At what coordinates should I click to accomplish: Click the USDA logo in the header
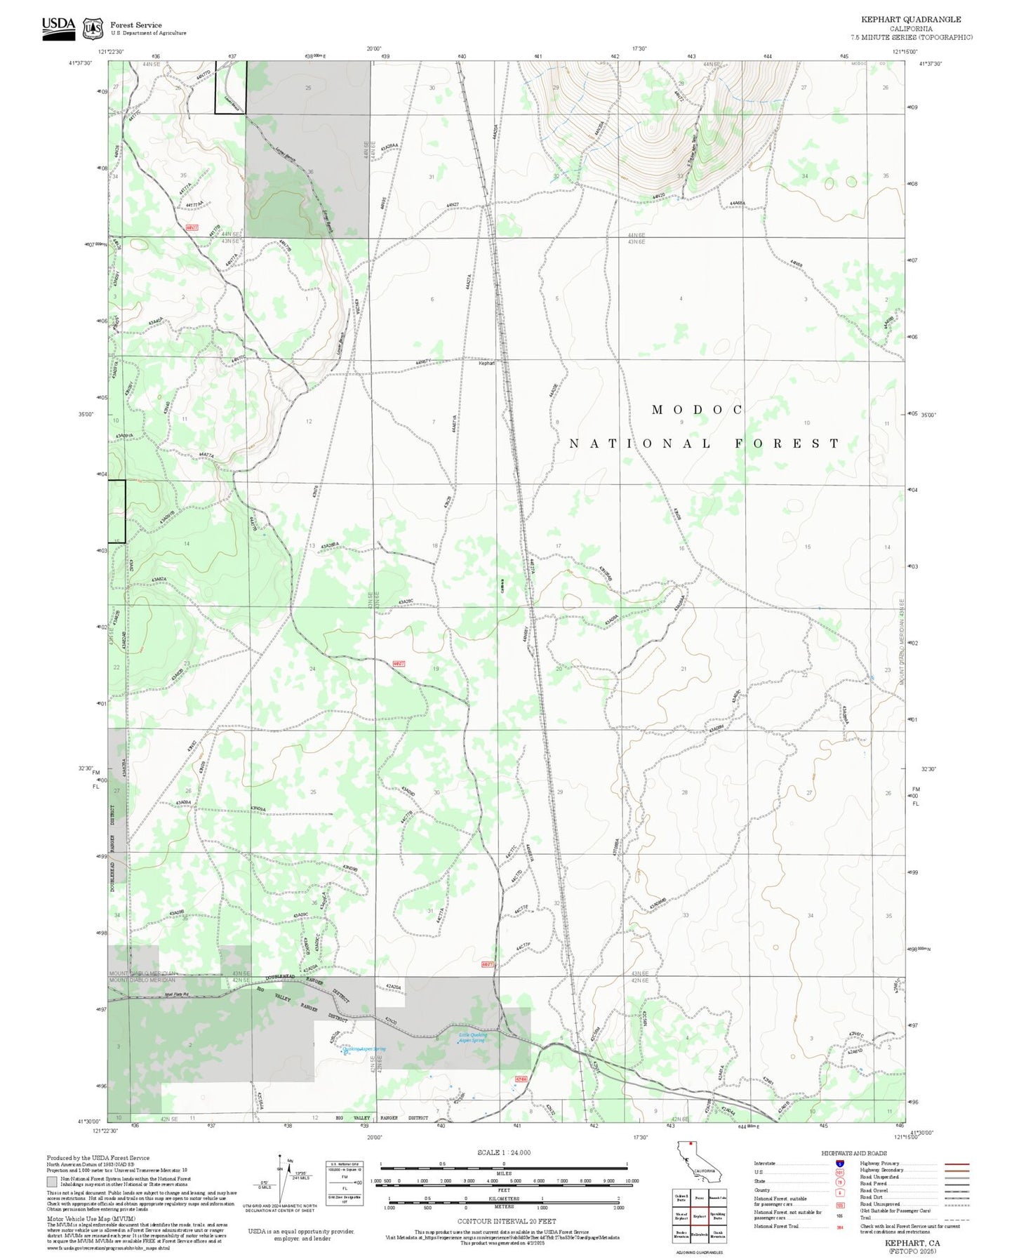[58, 27]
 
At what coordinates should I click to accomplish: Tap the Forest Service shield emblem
[92, 29]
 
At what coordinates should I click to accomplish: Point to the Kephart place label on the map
[486, 363]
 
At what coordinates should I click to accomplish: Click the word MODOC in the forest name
[697, 409]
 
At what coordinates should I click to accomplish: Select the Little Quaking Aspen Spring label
[472, 1037]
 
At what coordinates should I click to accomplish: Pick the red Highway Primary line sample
[956, 1164]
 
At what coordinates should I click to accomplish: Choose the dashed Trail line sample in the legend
[956, 1220]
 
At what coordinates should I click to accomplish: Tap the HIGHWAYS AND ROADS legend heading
[853, 1153]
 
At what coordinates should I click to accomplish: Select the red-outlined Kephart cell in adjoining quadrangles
[699, 1215]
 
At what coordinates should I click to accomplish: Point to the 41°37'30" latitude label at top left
[80, 63]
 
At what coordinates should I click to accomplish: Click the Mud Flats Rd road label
[178, 994]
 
